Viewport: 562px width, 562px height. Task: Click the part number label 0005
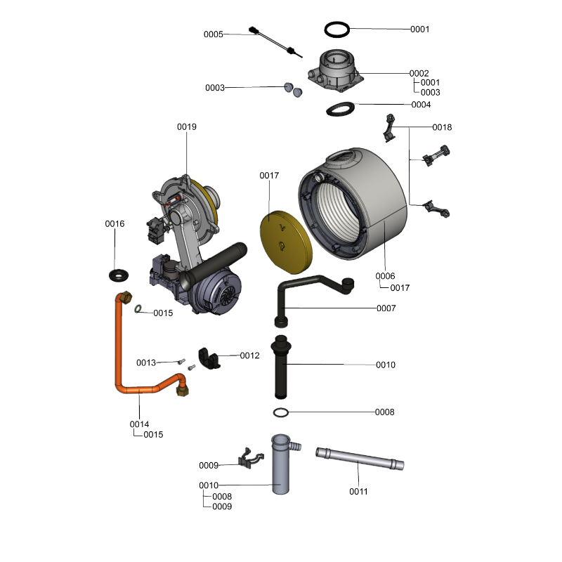[x=214, y=34]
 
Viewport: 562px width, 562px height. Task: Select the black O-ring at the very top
[x=338, y=29]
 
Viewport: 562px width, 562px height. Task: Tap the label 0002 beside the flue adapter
[x=419, y=73]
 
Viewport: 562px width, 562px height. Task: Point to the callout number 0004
[x=421, y=104]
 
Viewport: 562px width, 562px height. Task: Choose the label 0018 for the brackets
[x=443, y=127]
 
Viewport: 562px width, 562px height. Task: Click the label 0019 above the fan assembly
[x=187, y=127]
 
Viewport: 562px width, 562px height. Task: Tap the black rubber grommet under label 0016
[x=116, y=273]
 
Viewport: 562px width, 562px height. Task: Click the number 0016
[x=115, y=223]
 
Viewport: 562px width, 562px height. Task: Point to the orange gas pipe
[x=118, y=351]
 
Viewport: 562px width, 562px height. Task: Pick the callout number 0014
[x=139, y=424]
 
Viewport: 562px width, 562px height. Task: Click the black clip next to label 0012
[x=207, y=357]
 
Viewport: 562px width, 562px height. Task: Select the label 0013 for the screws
[x=146, y=362]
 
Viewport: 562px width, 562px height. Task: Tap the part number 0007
[x=386, y=308]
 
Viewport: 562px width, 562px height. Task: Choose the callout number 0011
[x=358, y=491]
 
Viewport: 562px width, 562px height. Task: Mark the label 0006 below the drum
[x=385, y=275]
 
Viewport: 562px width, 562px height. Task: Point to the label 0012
[x=250, y=355]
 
